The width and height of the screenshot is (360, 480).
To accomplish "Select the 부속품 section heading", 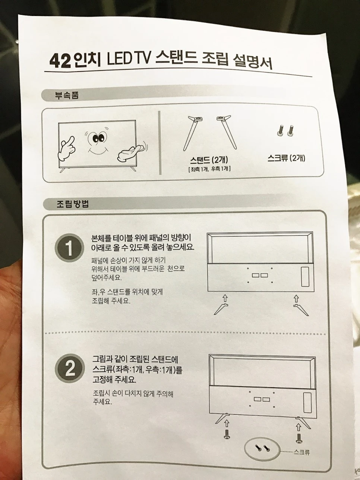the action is point(67,95).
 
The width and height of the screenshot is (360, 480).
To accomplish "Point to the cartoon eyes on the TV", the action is point(98,138).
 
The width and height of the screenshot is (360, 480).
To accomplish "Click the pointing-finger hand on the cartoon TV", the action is point(66,148).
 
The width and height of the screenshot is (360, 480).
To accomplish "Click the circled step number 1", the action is point(69,248).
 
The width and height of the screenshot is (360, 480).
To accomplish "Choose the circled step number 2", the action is point(70,369).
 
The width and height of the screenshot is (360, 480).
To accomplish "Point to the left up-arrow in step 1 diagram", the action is point(224,298).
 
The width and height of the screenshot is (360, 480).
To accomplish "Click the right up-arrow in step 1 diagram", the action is point(296,298).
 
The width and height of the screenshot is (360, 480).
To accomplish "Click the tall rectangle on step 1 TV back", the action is point(305,277).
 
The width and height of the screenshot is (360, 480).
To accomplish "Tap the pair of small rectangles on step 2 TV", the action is point(262,399).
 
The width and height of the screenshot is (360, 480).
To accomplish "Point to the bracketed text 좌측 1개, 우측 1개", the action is point(209,169).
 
